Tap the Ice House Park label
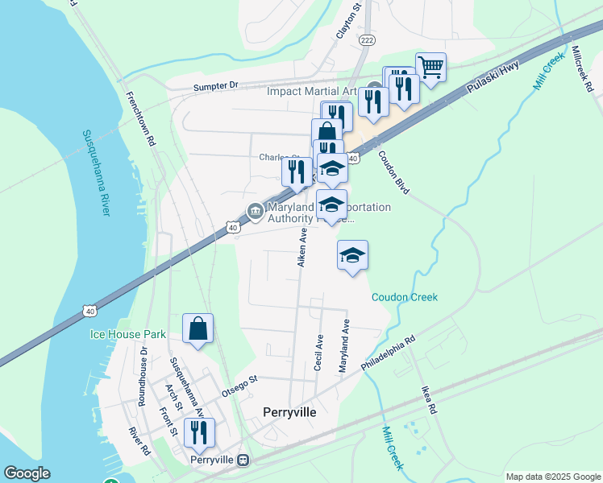click(x=127, y=334)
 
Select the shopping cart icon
click(x=431, y=68)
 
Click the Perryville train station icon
click(x=243, y=460)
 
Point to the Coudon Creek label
click(x=405, y=297)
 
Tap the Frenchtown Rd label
click(x=139, y=118)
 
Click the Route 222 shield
click(x=367, y=41)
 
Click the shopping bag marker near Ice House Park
click(x=198, y=328)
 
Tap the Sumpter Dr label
click(x=216, y=85)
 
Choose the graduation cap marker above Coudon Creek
click(x=352, y=256)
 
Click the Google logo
click(x=27, y=473)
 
